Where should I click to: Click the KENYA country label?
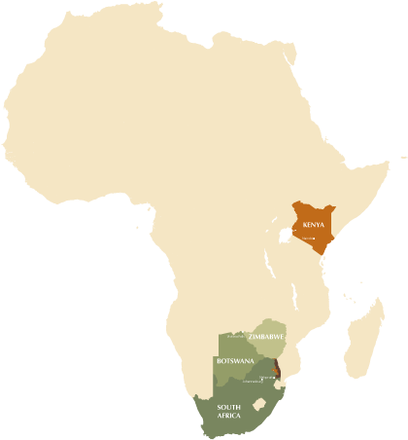point(314,223)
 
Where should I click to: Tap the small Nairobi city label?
point(310,238)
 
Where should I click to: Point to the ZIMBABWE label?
point(267,336)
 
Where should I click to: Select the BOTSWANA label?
point(236,361)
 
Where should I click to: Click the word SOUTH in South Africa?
point(229,406)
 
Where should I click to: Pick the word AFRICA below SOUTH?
point(229,416)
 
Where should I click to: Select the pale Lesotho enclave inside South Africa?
point(258,403)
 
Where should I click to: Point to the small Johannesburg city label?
point(255,381)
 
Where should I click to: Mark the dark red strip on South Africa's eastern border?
point(276,369)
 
